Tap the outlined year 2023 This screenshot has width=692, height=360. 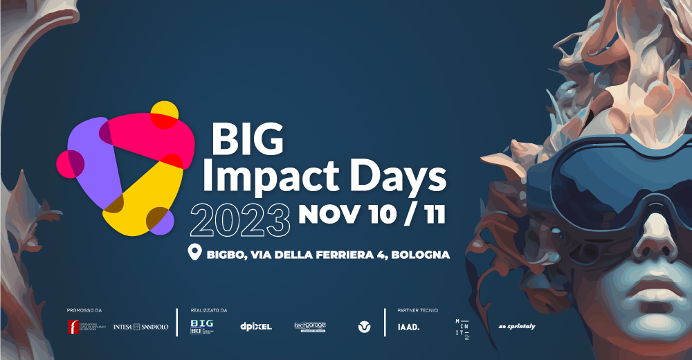[x=240, y=220]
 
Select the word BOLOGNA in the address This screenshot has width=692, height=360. [x=421, y=255]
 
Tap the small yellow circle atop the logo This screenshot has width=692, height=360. [x=165, y=114]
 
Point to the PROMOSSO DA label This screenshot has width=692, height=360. [x=84, y=310]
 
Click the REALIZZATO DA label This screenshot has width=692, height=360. [x=209, y=310]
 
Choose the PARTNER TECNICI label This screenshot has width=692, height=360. [x=418, y=310]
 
